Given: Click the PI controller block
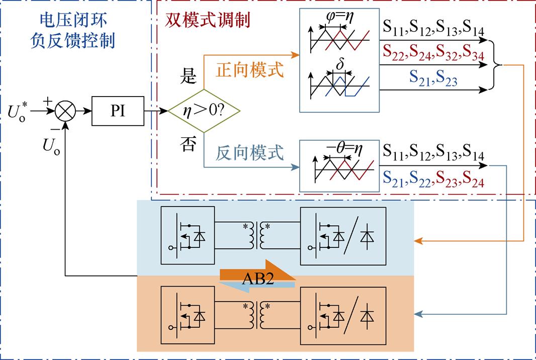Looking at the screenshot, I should (118, 111).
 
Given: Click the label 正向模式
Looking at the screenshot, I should (250, 69).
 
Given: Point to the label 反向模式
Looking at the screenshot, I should (250, 152).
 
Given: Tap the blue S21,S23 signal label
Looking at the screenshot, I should (433, 78).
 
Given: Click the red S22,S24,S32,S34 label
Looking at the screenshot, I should (433, 52).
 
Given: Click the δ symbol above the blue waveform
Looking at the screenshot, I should (340, 65).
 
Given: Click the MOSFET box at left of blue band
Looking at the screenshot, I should (187, 235).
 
